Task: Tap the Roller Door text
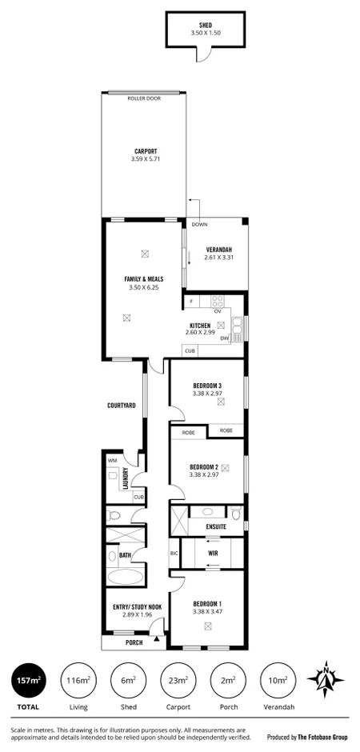[x=144, y=98]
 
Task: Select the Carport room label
[x=145, y=151]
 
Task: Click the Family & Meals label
[x=144, y=279]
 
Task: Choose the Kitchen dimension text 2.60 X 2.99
[x=200, y=333]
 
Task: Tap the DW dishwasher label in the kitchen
[x=224, y=338]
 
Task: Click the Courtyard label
[x=122, y=406]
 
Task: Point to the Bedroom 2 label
[x=204, y=466]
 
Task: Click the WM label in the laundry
[x=112, y=461]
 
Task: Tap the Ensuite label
[x=216, y=527]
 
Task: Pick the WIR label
[x=213, y=553]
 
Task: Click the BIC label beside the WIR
[x=174, y=553]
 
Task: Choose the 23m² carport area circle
[x=178, y=681]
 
